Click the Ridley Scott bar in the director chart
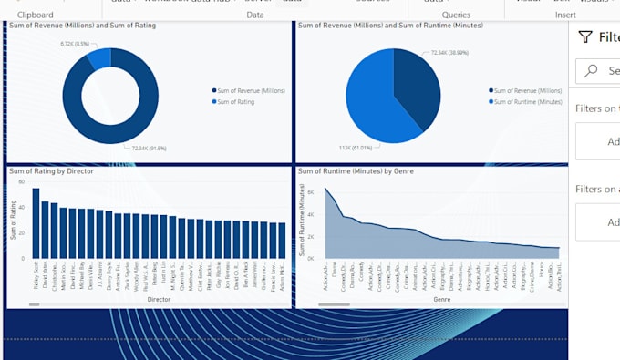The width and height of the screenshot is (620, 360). tap(36, 223)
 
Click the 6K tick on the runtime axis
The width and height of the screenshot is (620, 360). tap(310, 192)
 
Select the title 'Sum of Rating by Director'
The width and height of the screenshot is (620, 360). tap(51, 170)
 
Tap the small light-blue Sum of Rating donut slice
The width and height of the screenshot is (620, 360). tap(98, 58)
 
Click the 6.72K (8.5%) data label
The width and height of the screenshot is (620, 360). tap(75, 43)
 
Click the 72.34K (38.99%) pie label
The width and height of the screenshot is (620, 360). tap(453, 53)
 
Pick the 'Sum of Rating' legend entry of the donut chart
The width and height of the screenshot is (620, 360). tap(236, 102)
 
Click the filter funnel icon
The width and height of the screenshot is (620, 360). tap(585, 36)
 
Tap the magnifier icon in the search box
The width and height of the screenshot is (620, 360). tap(592, 70)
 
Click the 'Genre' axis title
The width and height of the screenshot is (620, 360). tap(441, 299)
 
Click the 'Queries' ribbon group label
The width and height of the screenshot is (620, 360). tap(456, 15)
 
